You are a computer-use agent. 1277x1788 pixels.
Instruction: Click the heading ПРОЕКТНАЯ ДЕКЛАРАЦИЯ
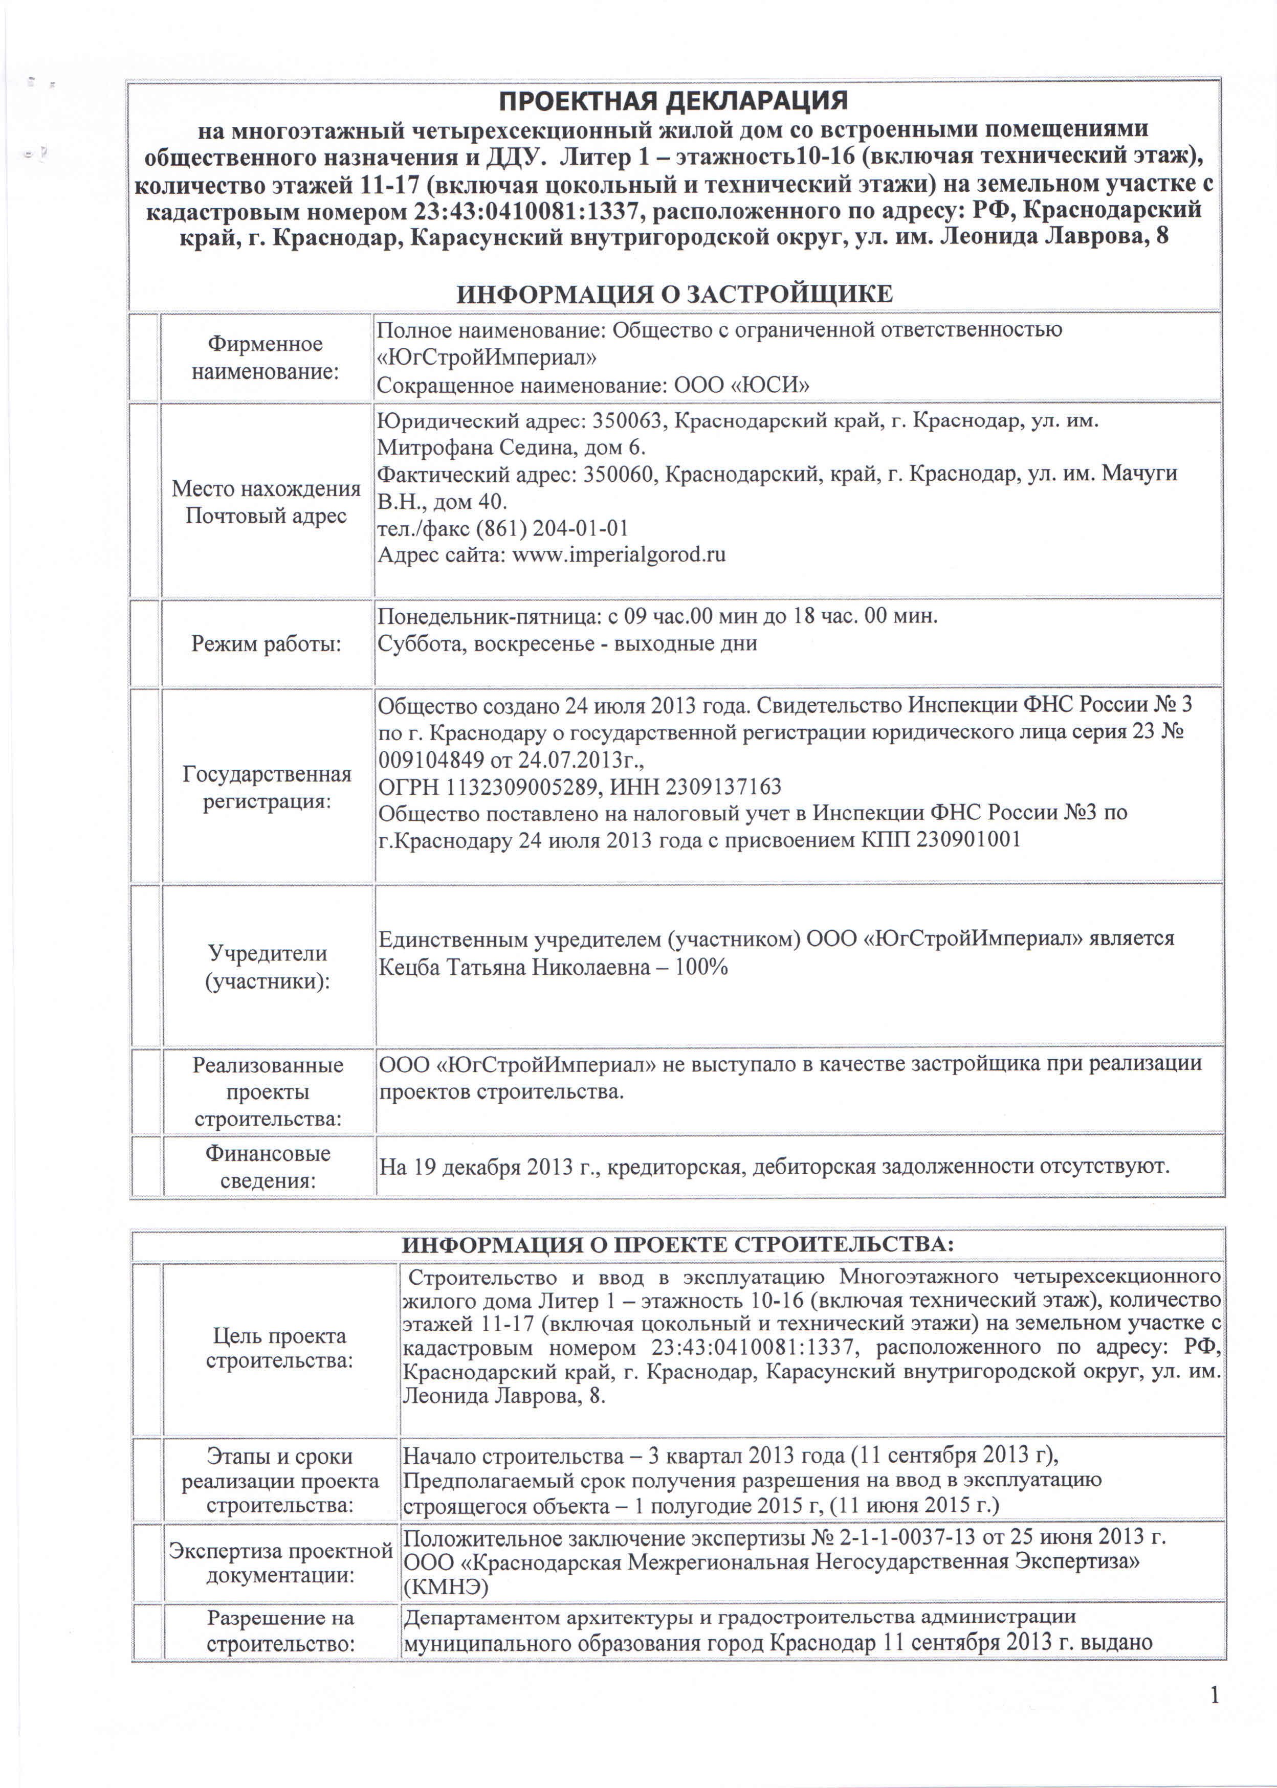674,101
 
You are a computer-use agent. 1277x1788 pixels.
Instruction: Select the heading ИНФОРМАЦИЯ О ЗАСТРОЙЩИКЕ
675,294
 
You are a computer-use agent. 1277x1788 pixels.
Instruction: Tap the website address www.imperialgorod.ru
619,555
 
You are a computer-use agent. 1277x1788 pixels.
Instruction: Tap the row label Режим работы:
266,644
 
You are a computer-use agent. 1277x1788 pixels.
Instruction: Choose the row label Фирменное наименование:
265,357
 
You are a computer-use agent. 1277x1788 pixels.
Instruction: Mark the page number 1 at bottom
1214,1695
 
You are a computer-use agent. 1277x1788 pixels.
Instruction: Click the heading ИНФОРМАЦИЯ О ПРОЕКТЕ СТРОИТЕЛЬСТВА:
677,1245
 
